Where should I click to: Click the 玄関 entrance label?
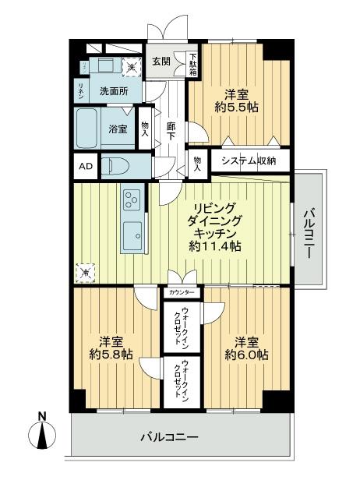(x=161, y=62)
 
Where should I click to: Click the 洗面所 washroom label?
(x=114, y=90)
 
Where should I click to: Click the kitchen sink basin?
(x=132, y=234)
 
